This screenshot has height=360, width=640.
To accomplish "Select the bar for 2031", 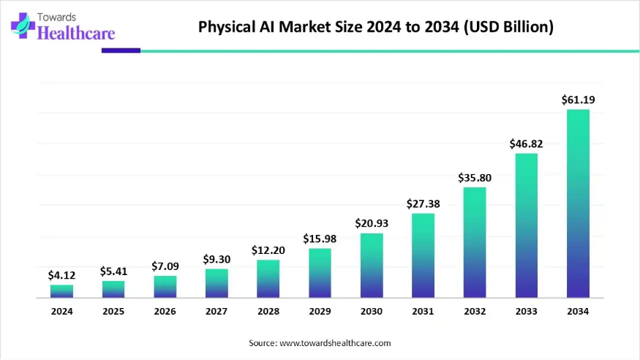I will tap(423, 255).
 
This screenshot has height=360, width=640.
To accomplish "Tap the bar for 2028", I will tap(268, 279).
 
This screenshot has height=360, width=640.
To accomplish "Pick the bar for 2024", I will tap(61, 291).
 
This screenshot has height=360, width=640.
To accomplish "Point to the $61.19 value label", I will tap(578, 100).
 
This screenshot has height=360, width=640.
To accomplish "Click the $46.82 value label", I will tap(526, 144).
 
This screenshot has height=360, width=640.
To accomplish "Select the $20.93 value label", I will tap(372, 223).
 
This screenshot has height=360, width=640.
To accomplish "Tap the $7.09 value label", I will tap(165, 266).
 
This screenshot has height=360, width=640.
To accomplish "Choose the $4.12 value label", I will tap(61, 275).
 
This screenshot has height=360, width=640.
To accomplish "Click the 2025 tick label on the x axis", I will tap(113, 311).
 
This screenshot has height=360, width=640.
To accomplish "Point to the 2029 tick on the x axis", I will tap(320, 311).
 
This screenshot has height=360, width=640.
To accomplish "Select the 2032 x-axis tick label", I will tap(475, 311).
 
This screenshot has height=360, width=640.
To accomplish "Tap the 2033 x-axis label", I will tap(526, 311).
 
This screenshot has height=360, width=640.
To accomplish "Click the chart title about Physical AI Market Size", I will tap(376, 28).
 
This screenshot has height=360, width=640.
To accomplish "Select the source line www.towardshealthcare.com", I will tap(320, 342).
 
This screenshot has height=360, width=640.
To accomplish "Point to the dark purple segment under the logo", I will tap(121, 50).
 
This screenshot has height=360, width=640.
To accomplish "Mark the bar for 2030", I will tap(372, 265).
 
